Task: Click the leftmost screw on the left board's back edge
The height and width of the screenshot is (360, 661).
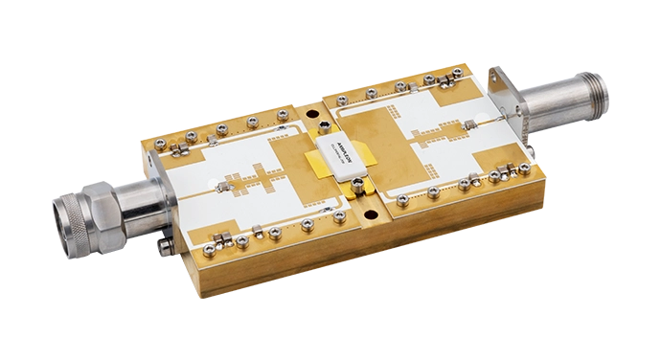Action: click(x=158, y=144)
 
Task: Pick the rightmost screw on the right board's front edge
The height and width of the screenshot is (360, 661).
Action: click(x=524, y=169)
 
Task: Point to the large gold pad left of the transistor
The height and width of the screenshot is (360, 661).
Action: click(x=291, y=163)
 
